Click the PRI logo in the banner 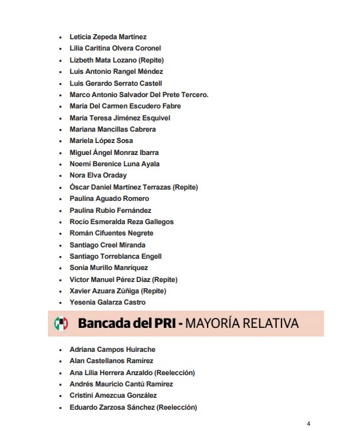pos(61,324)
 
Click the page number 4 pos(309,424)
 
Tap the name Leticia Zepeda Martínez pos(108,37)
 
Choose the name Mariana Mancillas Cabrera pos(112,129)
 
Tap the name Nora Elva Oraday pos(98,176)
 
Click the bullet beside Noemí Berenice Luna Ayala pos(61,164)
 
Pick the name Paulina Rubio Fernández pos(110,210)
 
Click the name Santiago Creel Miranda pos(107,245)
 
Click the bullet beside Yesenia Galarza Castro pos(61,303)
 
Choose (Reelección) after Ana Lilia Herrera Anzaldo pos(177,372)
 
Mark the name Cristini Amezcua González pos(112,396)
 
